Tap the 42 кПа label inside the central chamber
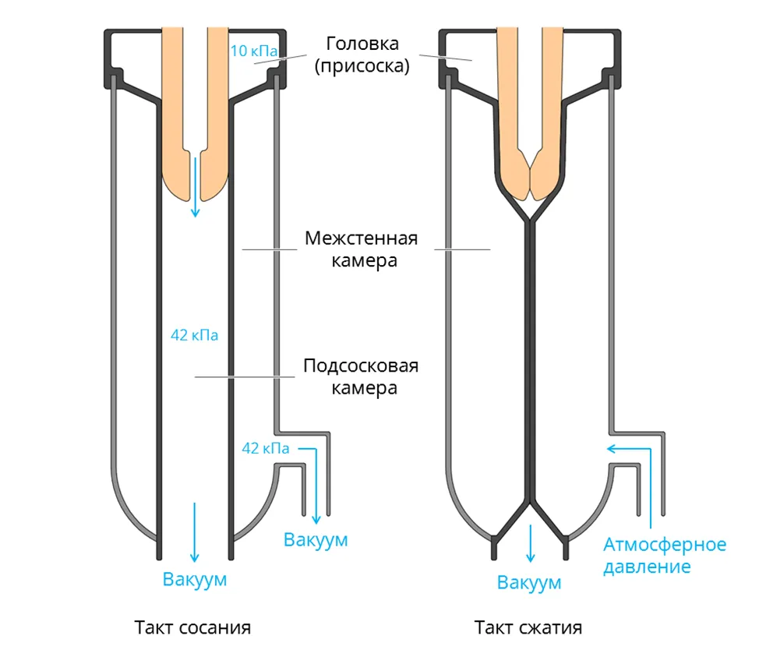point(194,336)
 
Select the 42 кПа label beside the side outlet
point(266,448)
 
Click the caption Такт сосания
point(192,627)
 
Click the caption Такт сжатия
point(528,627)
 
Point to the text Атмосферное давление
point(665,555)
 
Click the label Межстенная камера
point(362,249)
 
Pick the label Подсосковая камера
point(361,376)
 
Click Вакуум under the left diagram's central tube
point(194,579)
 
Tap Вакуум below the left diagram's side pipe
point(316,539)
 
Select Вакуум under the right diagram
point(529,583)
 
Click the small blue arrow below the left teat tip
point(195,187)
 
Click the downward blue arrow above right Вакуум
point(531,543)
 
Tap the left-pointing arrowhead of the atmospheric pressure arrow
point(612,448)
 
